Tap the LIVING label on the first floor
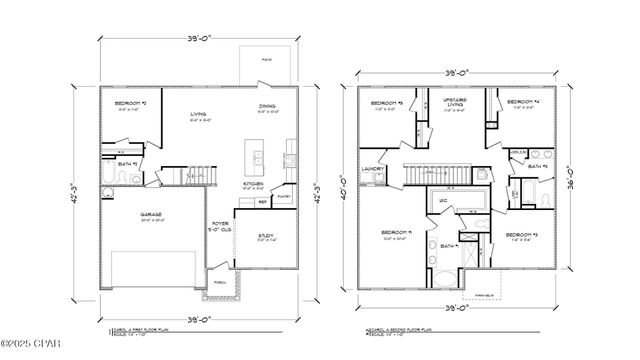[x=198, y=115]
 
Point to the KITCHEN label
[x=253, y=183]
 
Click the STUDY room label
[x=267, y=236]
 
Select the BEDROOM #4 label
[x=521, y=103]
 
